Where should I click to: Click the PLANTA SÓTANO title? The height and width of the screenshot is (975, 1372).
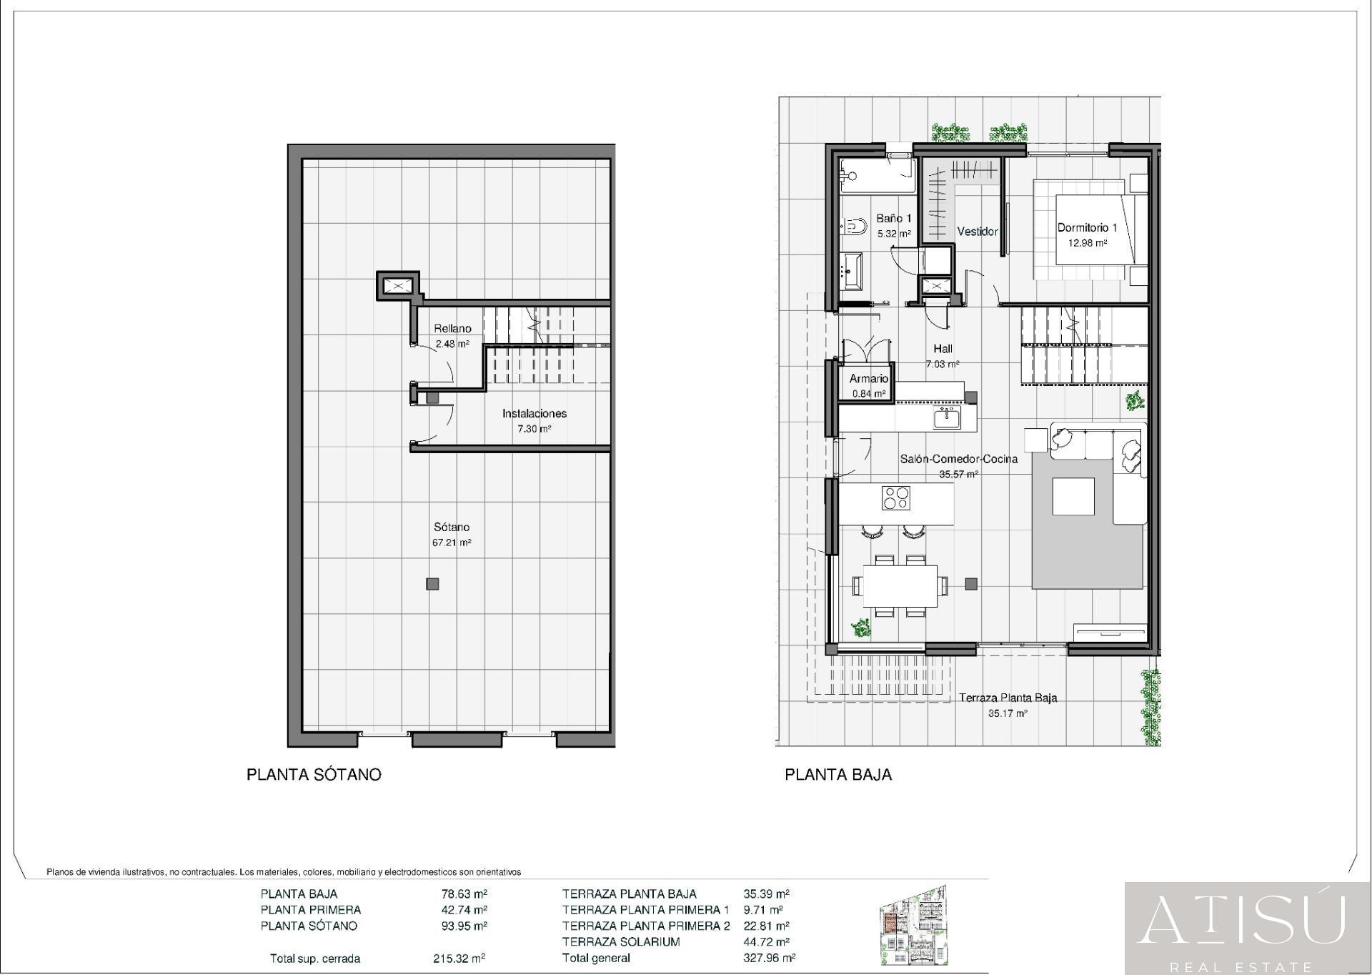point(314,775)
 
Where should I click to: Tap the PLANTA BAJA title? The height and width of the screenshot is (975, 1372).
point(838,775)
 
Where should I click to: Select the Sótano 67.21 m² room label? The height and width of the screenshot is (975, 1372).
point(452,535)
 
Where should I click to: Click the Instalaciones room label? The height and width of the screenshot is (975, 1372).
point(534,414)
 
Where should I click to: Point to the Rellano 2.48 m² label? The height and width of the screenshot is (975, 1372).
point(452,335)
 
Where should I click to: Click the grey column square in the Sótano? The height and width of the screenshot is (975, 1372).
point(432,584)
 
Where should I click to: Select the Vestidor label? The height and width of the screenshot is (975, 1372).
point(977,232)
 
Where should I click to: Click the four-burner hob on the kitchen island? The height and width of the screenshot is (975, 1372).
point(895,498)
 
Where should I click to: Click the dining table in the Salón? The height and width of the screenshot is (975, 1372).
point(900,586)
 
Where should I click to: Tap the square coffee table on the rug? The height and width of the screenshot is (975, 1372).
point(1073,497)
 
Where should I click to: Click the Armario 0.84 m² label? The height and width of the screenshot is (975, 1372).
point(868,385)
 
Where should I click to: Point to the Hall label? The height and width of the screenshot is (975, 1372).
point(943,349)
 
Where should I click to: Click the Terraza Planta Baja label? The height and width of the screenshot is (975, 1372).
point(1008,698)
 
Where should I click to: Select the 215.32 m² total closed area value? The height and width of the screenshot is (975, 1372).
point(459,959)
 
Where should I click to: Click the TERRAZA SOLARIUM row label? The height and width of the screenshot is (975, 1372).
point(620,942)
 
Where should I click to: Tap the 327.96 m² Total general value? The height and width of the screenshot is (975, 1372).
point(769,959)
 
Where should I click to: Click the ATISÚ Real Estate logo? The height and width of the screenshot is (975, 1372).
point(1247,928)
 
